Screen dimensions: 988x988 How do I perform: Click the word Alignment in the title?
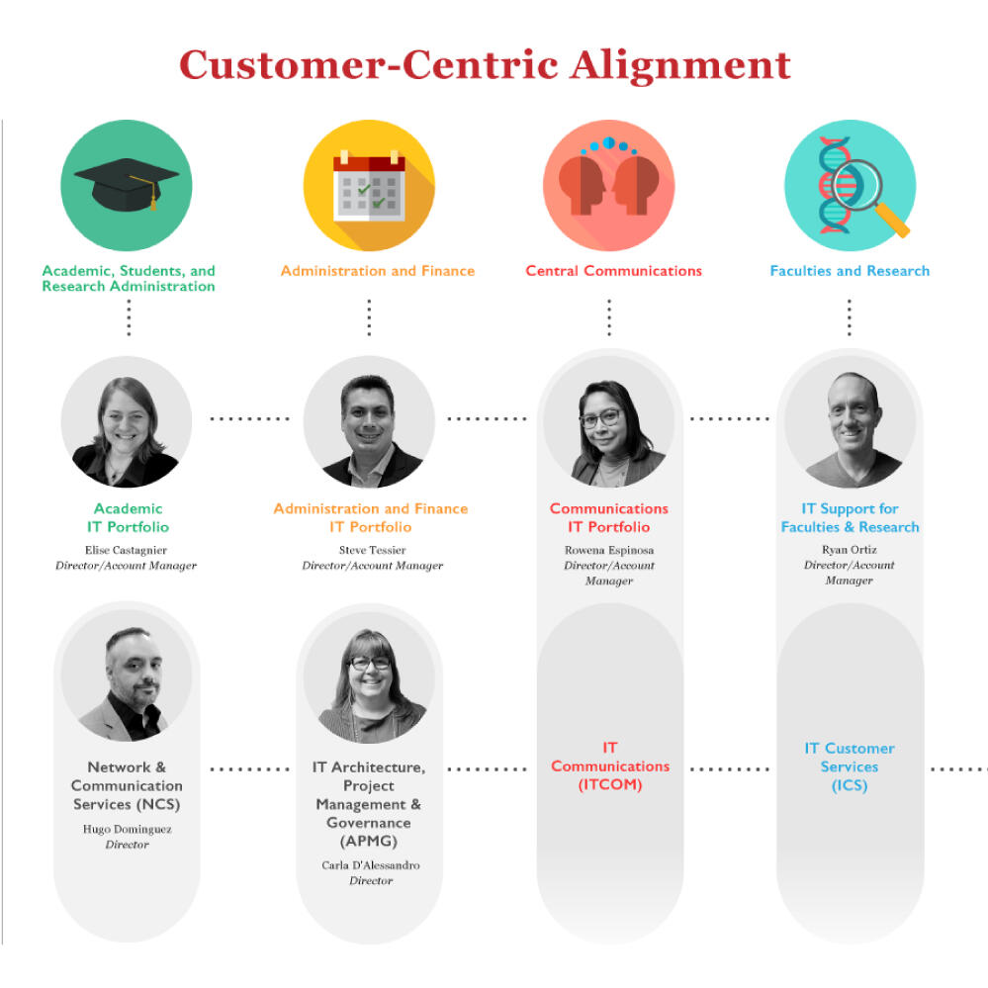coord(680,65)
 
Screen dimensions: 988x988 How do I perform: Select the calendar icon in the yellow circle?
coord(369,186)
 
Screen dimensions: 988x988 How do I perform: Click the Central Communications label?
coord(614,271)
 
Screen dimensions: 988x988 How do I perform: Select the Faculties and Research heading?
coord(850,271)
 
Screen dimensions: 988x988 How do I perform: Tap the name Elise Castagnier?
coord(126,550)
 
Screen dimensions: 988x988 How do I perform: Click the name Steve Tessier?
coord(373,550)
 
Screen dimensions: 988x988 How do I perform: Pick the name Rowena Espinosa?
coord(609,550)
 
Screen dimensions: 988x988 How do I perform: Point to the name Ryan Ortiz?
coord(850,550)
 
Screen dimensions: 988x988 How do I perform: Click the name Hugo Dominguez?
coord(128,829)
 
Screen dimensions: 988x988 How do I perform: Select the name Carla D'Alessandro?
coord(371,865)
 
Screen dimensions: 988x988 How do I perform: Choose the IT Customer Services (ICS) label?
coord(850,766)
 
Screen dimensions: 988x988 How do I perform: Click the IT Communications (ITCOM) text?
coord(610,766)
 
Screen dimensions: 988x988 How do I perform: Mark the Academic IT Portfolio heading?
coord(128,518)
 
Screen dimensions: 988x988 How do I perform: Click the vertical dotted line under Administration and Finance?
coord(369,316)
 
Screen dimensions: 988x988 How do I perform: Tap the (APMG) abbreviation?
coord(369,842)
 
